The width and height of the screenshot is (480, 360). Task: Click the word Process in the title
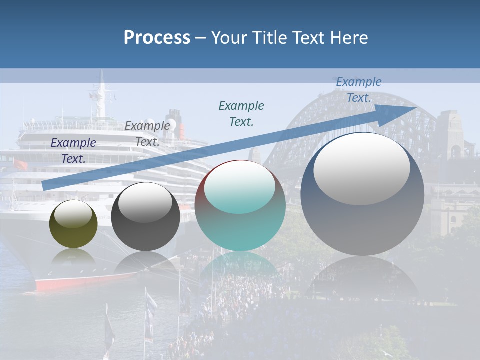coord(156,38)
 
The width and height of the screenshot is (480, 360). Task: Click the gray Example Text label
coord(147,134)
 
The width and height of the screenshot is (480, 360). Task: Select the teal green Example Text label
coord(241,113)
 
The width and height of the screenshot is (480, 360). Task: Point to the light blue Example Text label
coord(358,90)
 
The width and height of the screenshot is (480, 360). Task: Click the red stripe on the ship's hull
coord(85,282)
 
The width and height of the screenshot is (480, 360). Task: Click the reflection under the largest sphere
coord(362,280)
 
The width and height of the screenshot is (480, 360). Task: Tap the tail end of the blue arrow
coord(47,185)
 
